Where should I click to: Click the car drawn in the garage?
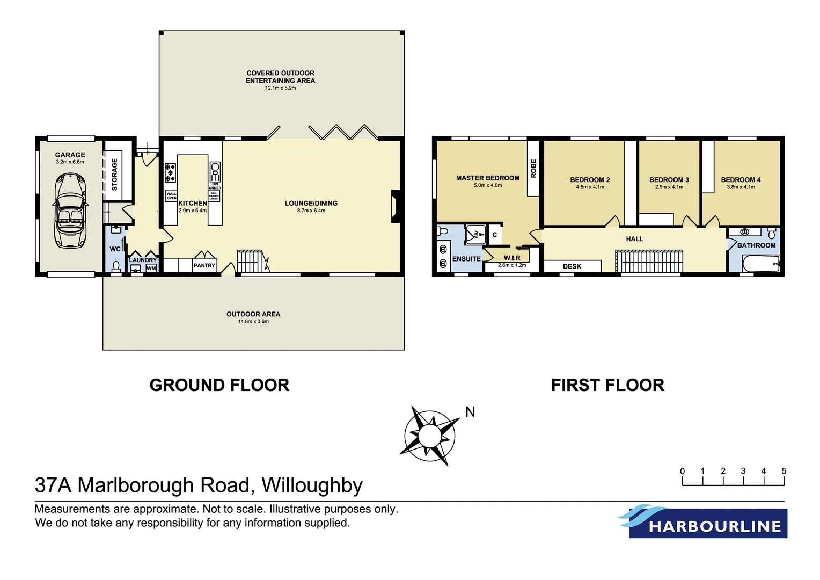point(70,210)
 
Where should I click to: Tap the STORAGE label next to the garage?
point(114,174)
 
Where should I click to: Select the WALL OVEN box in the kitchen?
point(171,196)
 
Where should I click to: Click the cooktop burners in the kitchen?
point(170,173)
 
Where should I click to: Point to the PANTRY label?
point(204,265)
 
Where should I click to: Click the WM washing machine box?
point(151,268)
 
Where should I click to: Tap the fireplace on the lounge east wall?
point(396,206)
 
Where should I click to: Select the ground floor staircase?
point(250,262)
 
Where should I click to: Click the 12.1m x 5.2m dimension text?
point(280,88)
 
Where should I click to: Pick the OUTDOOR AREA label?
point(253,314)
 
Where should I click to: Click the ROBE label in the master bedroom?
point(533,168)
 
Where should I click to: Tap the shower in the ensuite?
point(475,235)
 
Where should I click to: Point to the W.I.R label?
point(512,258)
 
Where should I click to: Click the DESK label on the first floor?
point(572,266)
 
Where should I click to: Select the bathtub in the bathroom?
point(760,264)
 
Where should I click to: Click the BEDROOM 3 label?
point(669,180)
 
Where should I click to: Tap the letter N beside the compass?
point(470,412)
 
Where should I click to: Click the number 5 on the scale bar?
point(784,471)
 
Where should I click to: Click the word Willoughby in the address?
point(312,485)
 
